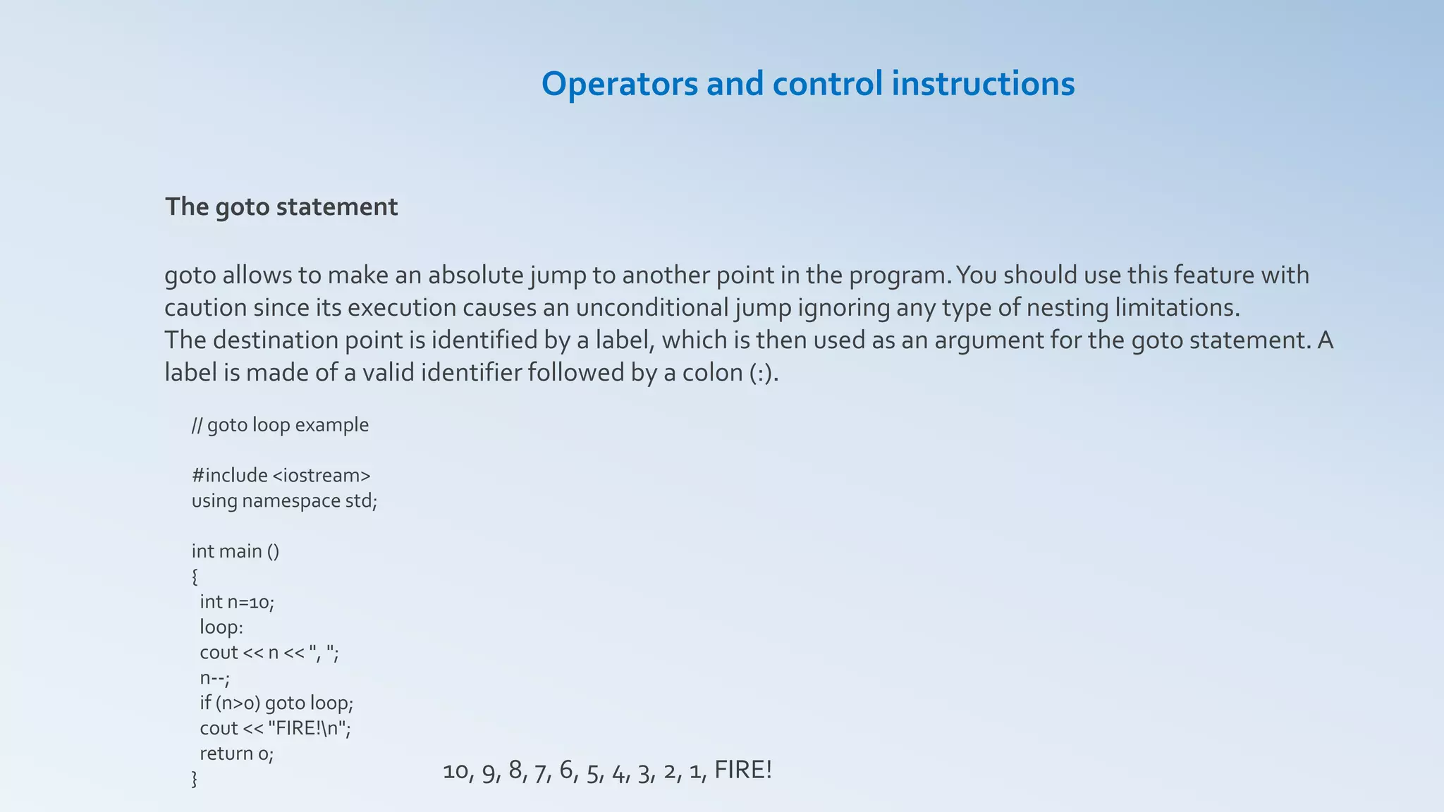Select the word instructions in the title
(983, 84)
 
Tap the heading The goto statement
(281, 207)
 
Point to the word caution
(205, 308)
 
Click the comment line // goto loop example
(280, 425)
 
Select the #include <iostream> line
(281, 476)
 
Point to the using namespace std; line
(284, 501)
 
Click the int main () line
(235, 551)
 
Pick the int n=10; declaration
(236, 602)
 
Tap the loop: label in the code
(221, 627)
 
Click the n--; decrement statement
(214, 678)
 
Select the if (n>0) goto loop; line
(276, 703)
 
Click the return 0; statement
(236, 754)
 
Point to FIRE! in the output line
(743, 770)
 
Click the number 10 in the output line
(455, 772)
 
